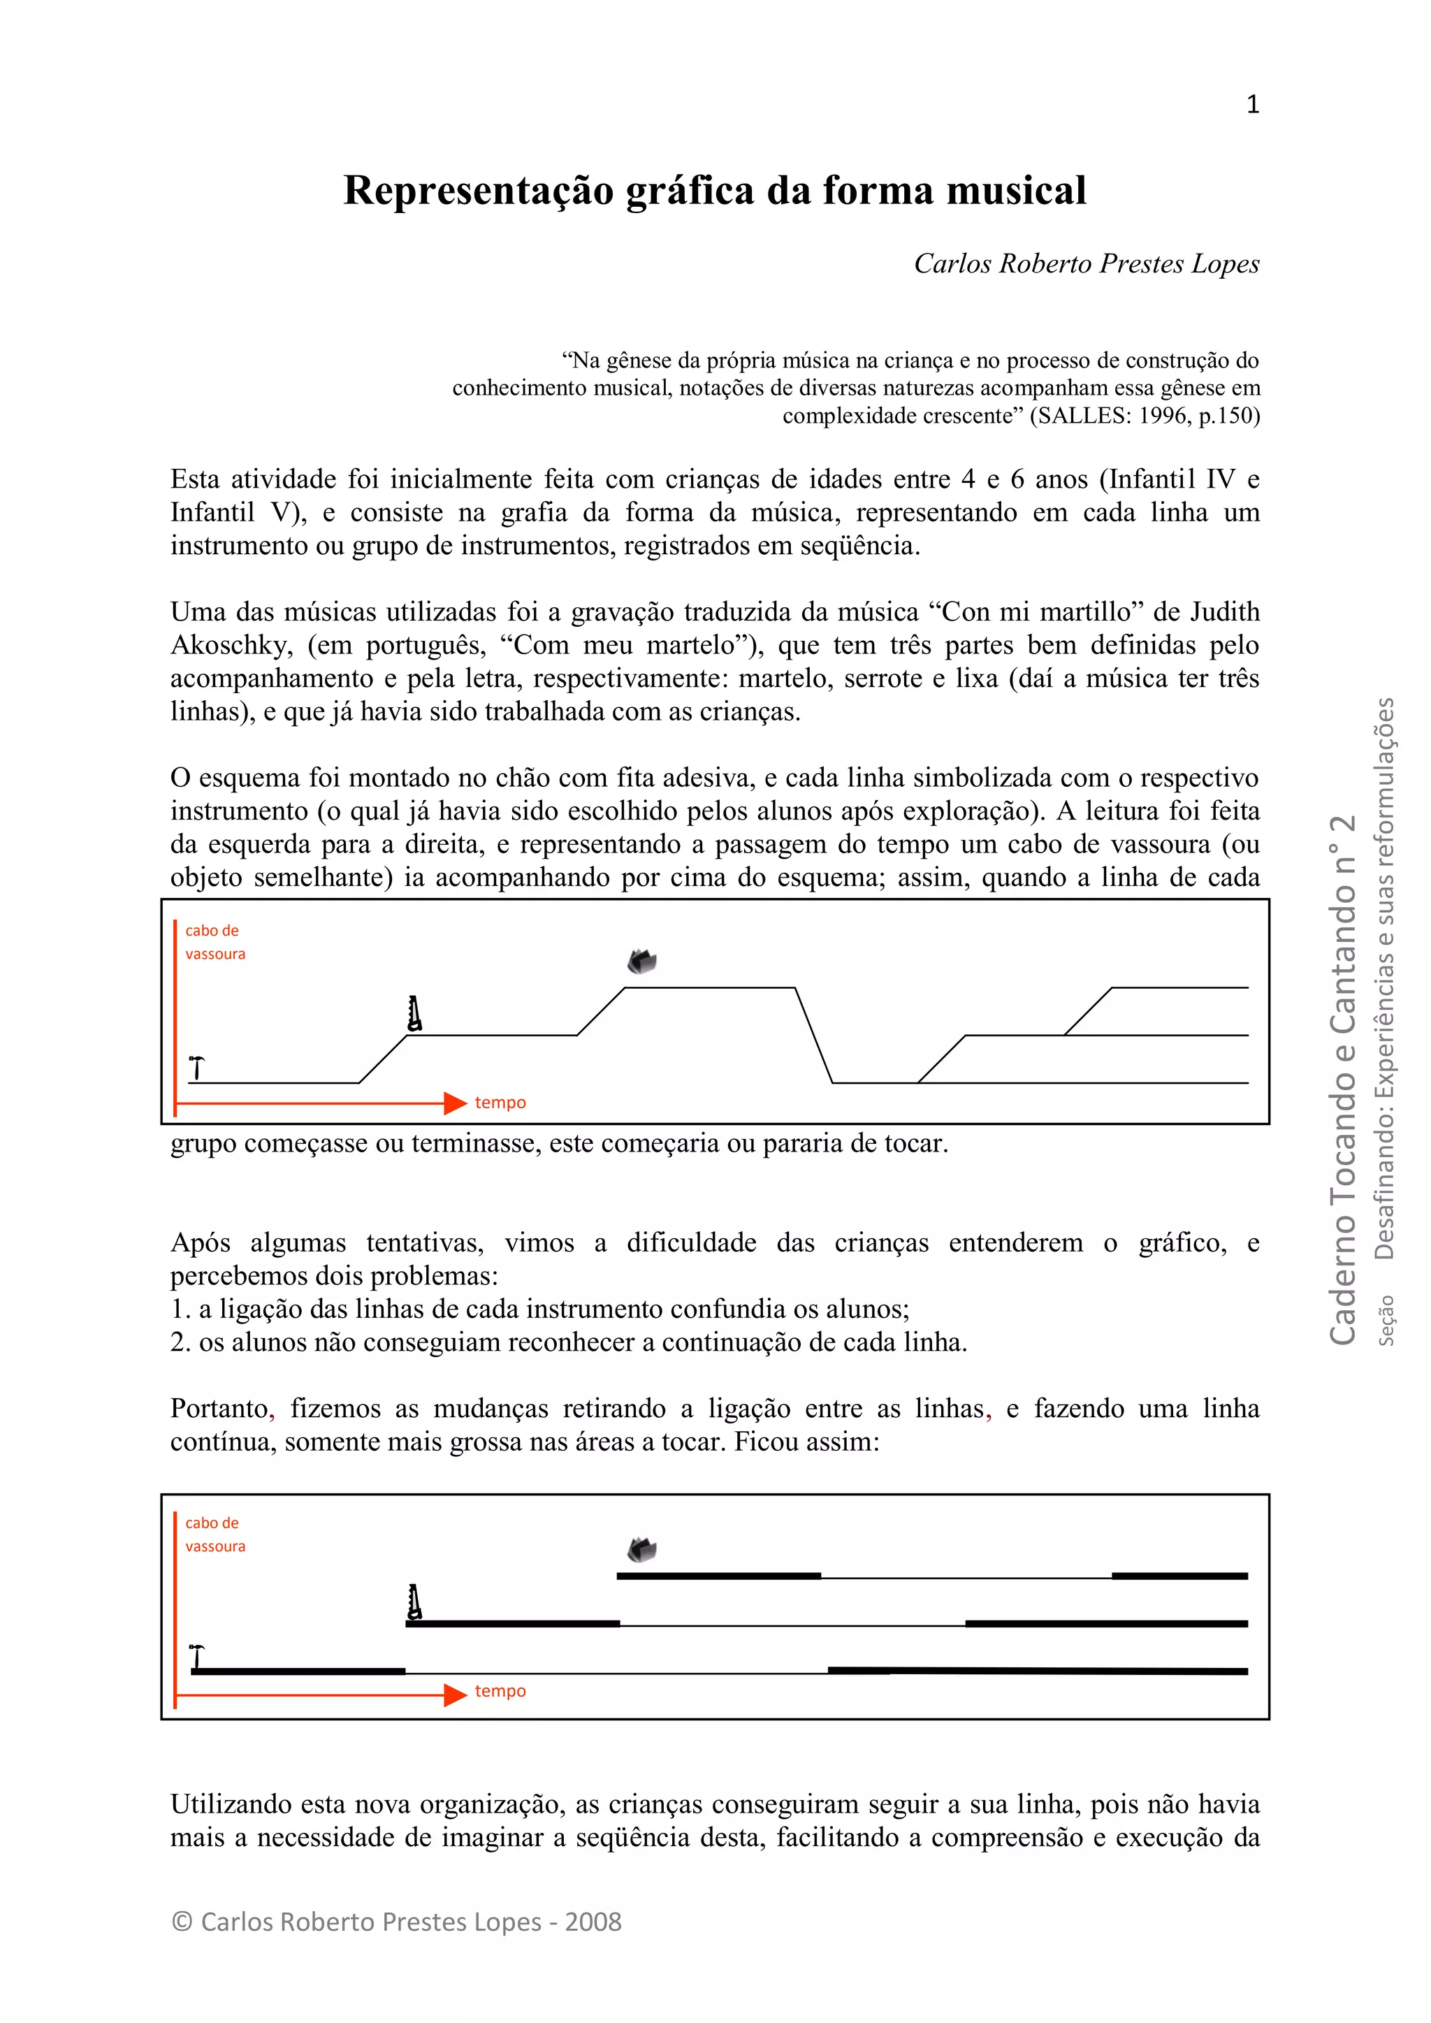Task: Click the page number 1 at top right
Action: tap(1252, 105)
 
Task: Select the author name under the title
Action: tap(1086, 263)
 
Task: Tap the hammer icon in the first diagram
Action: tap(197, 1067)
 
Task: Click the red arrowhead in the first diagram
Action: tap(455, 1102)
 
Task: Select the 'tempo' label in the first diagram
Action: tap(500, 1102)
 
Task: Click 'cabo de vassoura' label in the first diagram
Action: tap(214, 942)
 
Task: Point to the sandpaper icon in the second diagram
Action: tap(641, 1550)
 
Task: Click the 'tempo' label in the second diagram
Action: tap(500, 1691)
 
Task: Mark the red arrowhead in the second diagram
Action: tap(455, 1695)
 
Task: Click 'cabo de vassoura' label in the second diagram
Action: tap(214, 1534)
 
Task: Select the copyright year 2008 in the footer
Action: tap(593, 1922)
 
